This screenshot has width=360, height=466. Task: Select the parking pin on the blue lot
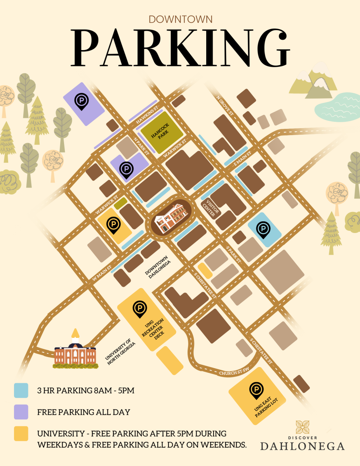[263, 230]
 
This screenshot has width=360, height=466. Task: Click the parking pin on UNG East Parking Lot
[256, 391]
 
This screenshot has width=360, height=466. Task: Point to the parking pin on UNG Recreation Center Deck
[139, 309]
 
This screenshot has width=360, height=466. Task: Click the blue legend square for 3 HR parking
[21, 390]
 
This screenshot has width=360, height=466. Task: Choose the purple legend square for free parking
[21, 412]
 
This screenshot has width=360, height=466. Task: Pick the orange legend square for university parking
[21, 433]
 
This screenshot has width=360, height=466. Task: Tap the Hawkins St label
[147, 115]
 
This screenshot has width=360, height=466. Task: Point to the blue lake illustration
[334, 106]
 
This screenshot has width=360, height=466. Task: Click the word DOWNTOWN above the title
[180, 19]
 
